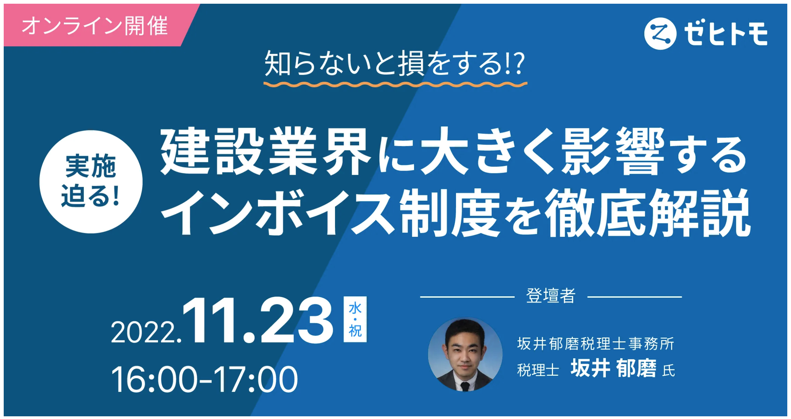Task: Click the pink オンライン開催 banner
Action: coord(95,26)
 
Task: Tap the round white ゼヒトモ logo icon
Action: coord(660,33)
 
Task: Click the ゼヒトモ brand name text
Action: coord(726,34)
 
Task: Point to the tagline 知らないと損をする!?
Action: coord(394,64)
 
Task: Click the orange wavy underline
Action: coord(395,84)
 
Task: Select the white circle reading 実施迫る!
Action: coord(91,181)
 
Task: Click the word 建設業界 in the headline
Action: coord(265,151)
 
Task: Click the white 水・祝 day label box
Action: coord(355,319)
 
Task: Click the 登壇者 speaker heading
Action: coord(551,296)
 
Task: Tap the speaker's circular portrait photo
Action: coord(465,354)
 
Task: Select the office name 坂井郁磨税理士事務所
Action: coord(595,344)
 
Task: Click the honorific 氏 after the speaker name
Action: coord(669,371)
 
